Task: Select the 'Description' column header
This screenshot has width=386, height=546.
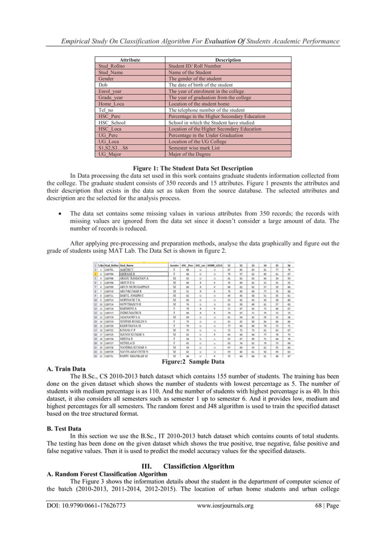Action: click(229, 60)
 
